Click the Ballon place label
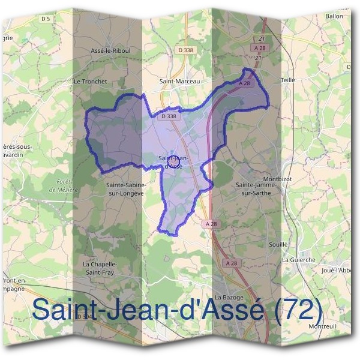[334, 16]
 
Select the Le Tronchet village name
[89, 80]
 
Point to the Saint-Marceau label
[178, 80]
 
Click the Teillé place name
[288, 79]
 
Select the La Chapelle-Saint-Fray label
[98, 268]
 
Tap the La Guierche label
[298, 259]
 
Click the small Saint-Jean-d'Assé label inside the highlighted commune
[174, 161]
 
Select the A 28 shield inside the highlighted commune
[244, 84]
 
